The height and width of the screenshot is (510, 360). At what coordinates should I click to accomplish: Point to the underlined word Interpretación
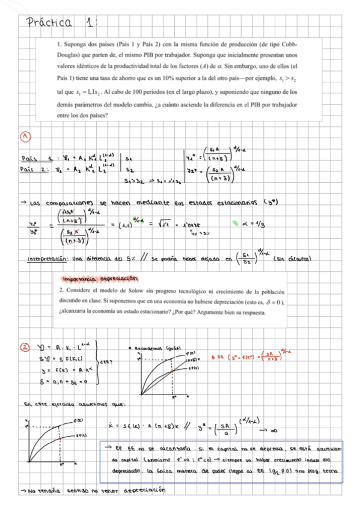tap(49, 259)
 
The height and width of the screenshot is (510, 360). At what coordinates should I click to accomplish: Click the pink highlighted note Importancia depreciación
tap(99, 278)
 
